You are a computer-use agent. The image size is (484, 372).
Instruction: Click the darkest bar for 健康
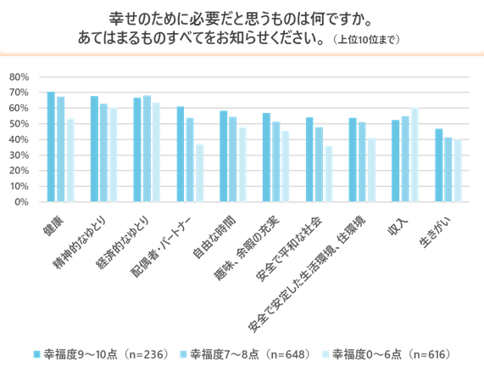point(51,147)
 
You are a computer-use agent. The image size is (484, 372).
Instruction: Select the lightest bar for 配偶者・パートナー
point(200,173)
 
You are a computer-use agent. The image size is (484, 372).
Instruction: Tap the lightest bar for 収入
point(414,155)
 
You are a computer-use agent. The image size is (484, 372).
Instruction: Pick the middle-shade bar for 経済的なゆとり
point(147,149)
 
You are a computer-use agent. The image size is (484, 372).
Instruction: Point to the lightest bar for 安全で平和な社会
point(329,174)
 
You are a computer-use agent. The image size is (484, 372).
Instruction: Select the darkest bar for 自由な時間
point(224,156)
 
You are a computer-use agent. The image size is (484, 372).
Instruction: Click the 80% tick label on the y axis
point(19,77)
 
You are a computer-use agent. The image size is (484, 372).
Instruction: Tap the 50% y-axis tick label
point(19,124)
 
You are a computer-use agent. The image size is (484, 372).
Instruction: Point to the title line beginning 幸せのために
point(241,18)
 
